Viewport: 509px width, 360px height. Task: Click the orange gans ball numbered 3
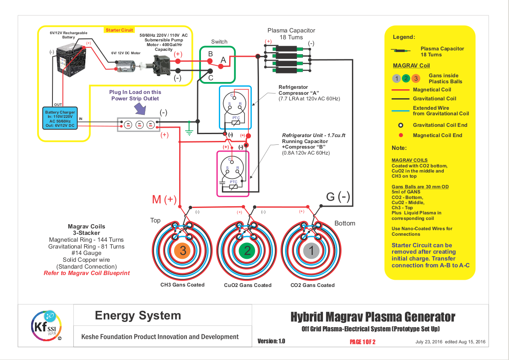click(x=183, y=250)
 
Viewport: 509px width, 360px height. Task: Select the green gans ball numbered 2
click(x=246, y=250)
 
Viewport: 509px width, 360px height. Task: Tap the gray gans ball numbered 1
click(x=311, y=250)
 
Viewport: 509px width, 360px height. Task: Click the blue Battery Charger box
click(x=59, y=118)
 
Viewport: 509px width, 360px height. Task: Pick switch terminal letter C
click(x=210, y=78)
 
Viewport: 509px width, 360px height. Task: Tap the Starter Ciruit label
click(x=119, y=30)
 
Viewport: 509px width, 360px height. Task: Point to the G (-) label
click(x=338, y=197)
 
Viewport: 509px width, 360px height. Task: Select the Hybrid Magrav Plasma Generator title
click(x=372, y=317)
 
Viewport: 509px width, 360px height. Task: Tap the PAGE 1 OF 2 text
click(x=362, y=342)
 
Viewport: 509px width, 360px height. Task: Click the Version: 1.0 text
click(x=271, y=341)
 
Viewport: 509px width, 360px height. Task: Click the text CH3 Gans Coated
click(x=182, y=284)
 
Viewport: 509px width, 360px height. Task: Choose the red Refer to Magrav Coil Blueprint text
click(x=87, y=273)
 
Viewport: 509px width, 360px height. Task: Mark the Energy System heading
click(x=138, y=316)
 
